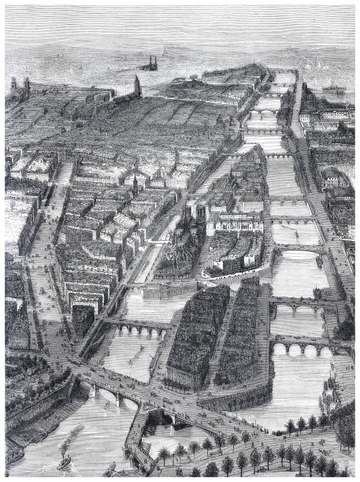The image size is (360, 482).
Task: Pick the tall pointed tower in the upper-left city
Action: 137,85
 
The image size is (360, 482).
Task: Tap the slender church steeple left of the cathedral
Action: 135,185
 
